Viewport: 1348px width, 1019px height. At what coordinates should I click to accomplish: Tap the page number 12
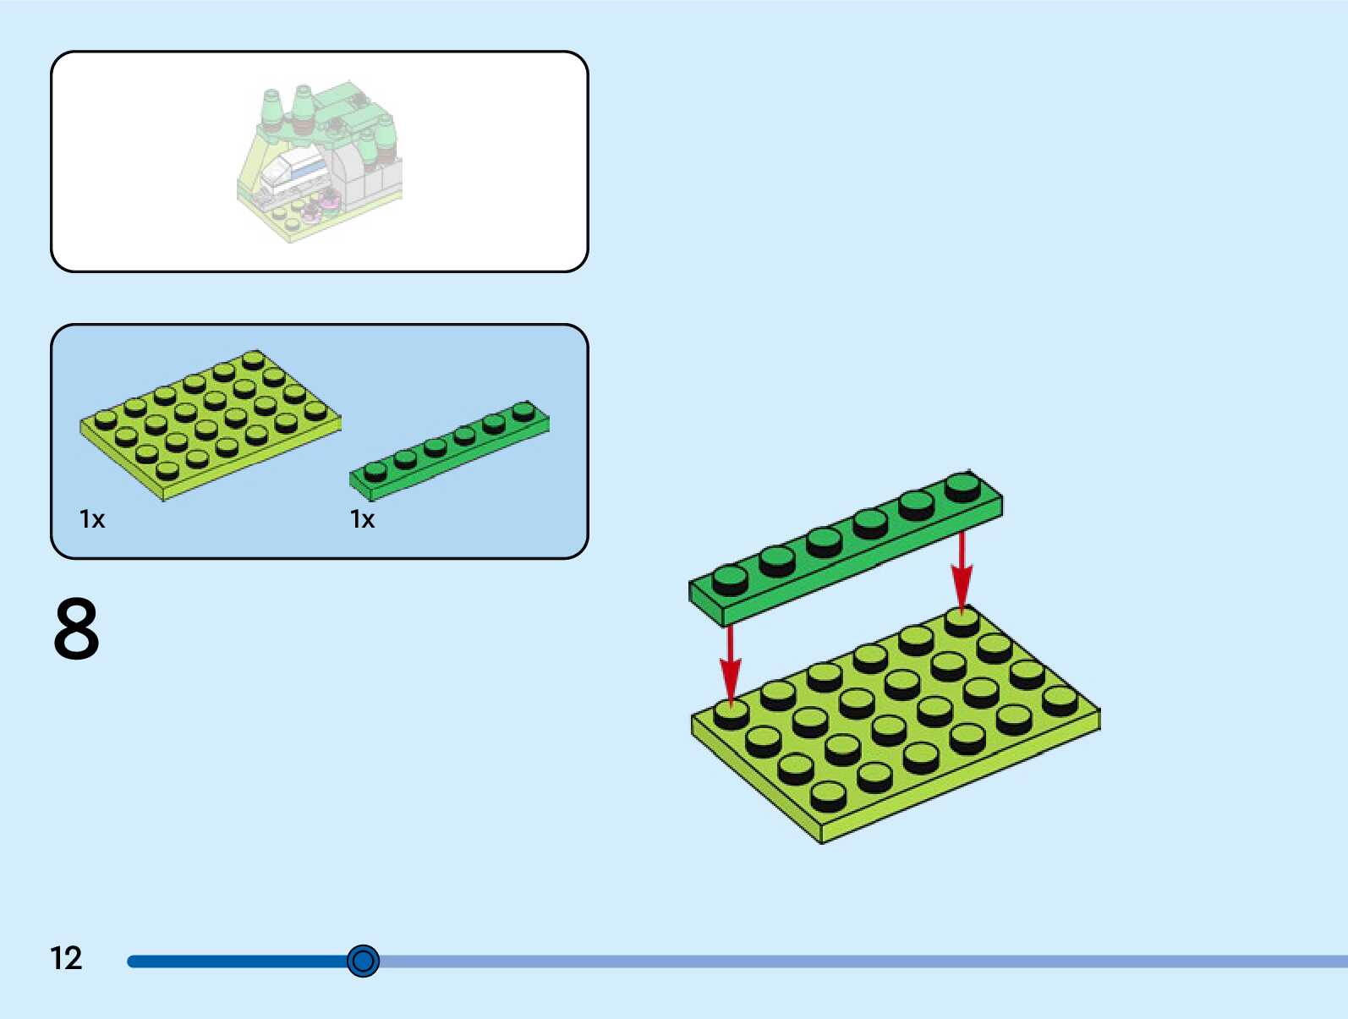[66, 958]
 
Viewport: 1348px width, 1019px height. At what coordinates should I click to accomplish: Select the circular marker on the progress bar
[364, 961]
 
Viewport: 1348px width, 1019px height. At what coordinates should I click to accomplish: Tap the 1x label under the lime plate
[92, 519]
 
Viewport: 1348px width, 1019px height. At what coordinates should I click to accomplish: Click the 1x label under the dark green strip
[363, 519]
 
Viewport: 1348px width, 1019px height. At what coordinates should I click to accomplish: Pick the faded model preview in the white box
[320, 161]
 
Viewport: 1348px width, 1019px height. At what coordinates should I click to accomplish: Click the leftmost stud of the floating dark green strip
[730, 578]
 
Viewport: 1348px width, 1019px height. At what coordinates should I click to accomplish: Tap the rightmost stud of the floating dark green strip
[962, 485]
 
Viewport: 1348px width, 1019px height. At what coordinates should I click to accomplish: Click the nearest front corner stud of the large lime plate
[828, 794]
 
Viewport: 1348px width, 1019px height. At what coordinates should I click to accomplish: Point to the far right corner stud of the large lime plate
[1060, 699]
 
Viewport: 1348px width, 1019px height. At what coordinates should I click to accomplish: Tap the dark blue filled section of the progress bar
[237, 961]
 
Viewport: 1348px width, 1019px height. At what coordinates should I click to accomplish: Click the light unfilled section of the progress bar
[846, 961]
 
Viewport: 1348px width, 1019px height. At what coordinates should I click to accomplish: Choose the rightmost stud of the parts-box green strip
[523, 411]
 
